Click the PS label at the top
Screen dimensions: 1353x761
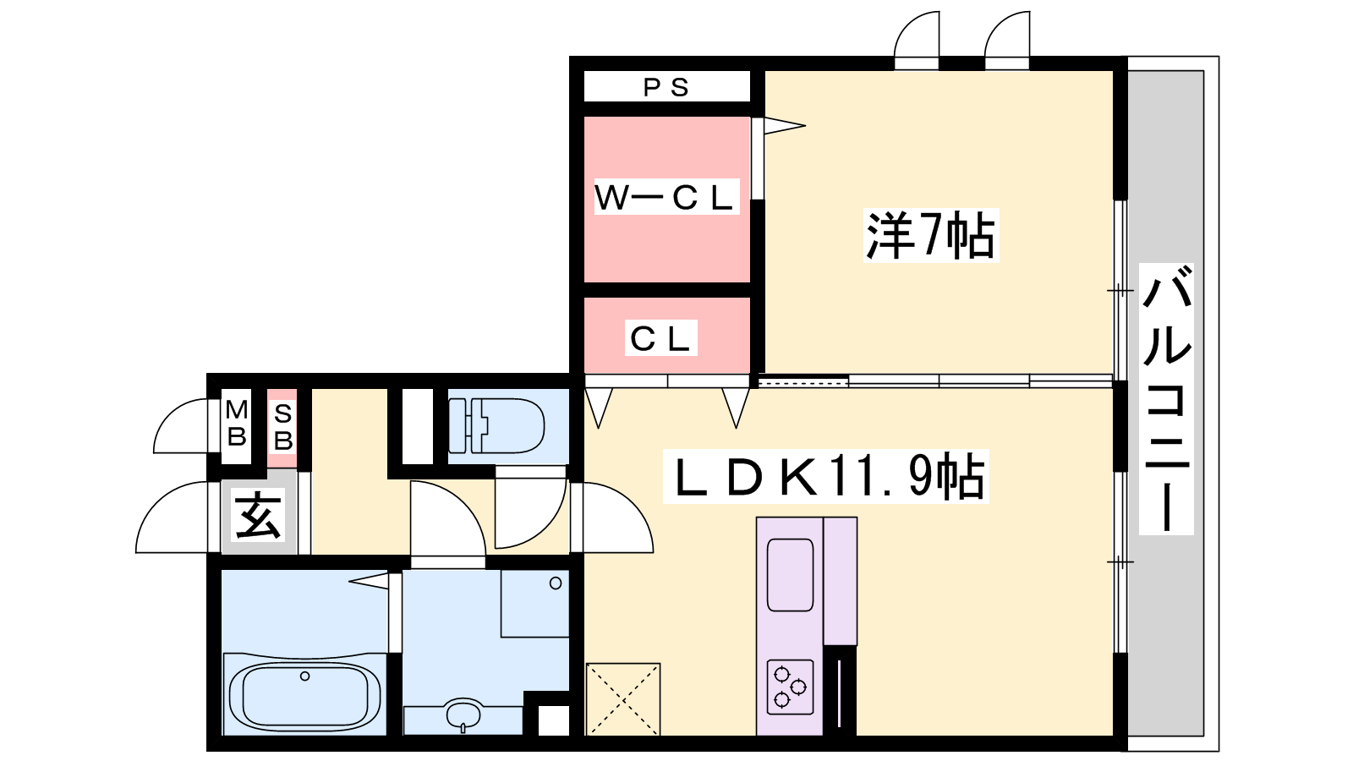click(x=666, y=88)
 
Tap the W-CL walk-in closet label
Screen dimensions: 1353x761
click(x=666, y=197)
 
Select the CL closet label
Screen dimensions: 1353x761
click(x=660, y=338)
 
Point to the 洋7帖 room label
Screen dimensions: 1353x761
click(x=931, y=236)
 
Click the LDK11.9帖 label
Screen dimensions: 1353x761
click(x=825, y=477)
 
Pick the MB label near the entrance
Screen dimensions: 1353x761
click(x=236, y=423)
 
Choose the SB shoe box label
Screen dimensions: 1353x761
click(x=282, y=427)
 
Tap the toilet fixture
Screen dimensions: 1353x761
click(x=496, y=425)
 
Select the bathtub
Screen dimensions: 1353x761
click(x=305, y=693)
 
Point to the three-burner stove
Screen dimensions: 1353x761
click(x=790, y=687)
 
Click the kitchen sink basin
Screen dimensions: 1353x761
click(x=790, y=575)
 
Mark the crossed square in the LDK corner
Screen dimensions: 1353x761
click(x=622, y=699)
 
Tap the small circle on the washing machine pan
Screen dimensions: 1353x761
click(x=556, y=583)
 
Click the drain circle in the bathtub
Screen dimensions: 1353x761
click(x=305, y=676)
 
